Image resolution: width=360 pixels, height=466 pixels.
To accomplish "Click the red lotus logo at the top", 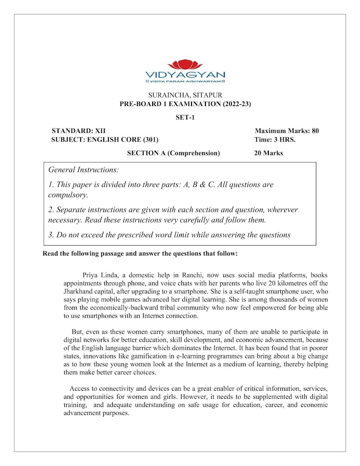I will click(185, 64).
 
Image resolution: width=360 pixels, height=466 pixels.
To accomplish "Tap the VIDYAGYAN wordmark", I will click(185, 74).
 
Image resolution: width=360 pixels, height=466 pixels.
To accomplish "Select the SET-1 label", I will click(185, 117).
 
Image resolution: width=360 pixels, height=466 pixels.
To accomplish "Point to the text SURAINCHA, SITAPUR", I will click(185, 95).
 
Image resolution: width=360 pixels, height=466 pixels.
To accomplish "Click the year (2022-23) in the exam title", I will click(233, 104).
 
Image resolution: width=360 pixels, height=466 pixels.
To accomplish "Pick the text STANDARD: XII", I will click(78, 131).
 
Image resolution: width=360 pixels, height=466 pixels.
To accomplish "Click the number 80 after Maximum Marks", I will click(314, 131).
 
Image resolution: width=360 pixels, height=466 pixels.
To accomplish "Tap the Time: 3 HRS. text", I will click(275, 140).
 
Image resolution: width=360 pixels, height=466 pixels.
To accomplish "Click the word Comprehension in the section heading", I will click(193, 153).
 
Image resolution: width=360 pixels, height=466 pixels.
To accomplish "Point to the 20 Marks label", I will click(268, 153).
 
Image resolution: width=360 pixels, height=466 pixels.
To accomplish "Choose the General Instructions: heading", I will click(84, 170).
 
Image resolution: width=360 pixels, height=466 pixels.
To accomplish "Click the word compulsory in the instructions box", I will click(68, 195).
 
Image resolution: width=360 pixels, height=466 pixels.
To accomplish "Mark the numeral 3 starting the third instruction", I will click(50, 235).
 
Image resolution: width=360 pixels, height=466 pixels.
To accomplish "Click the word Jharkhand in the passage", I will click(79, 291).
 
